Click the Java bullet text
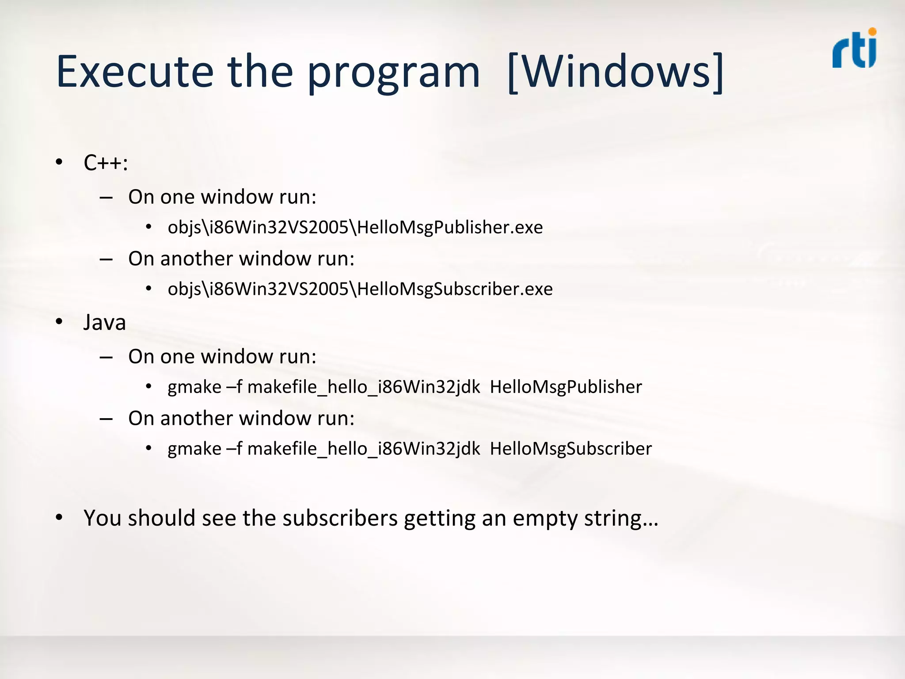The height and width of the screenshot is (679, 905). click(105, 322)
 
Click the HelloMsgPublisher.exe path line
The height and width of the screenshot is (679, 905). click(355, 227)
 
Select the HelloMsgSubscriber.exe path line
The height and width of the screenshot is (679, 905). click(360, 289)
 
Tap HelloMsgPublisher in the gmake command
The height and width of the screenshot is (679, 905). click(566, 387)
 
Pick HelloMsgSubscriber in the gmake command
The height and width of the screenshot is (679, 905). click(570, 449)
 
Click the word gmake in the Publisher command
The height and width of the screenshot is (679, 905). click(194, 387)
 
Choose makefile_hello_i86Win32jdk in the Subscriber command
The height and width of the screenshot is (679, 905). click(363, 449)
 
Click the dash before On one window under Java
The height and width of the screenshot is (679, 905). click(106, 357)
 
